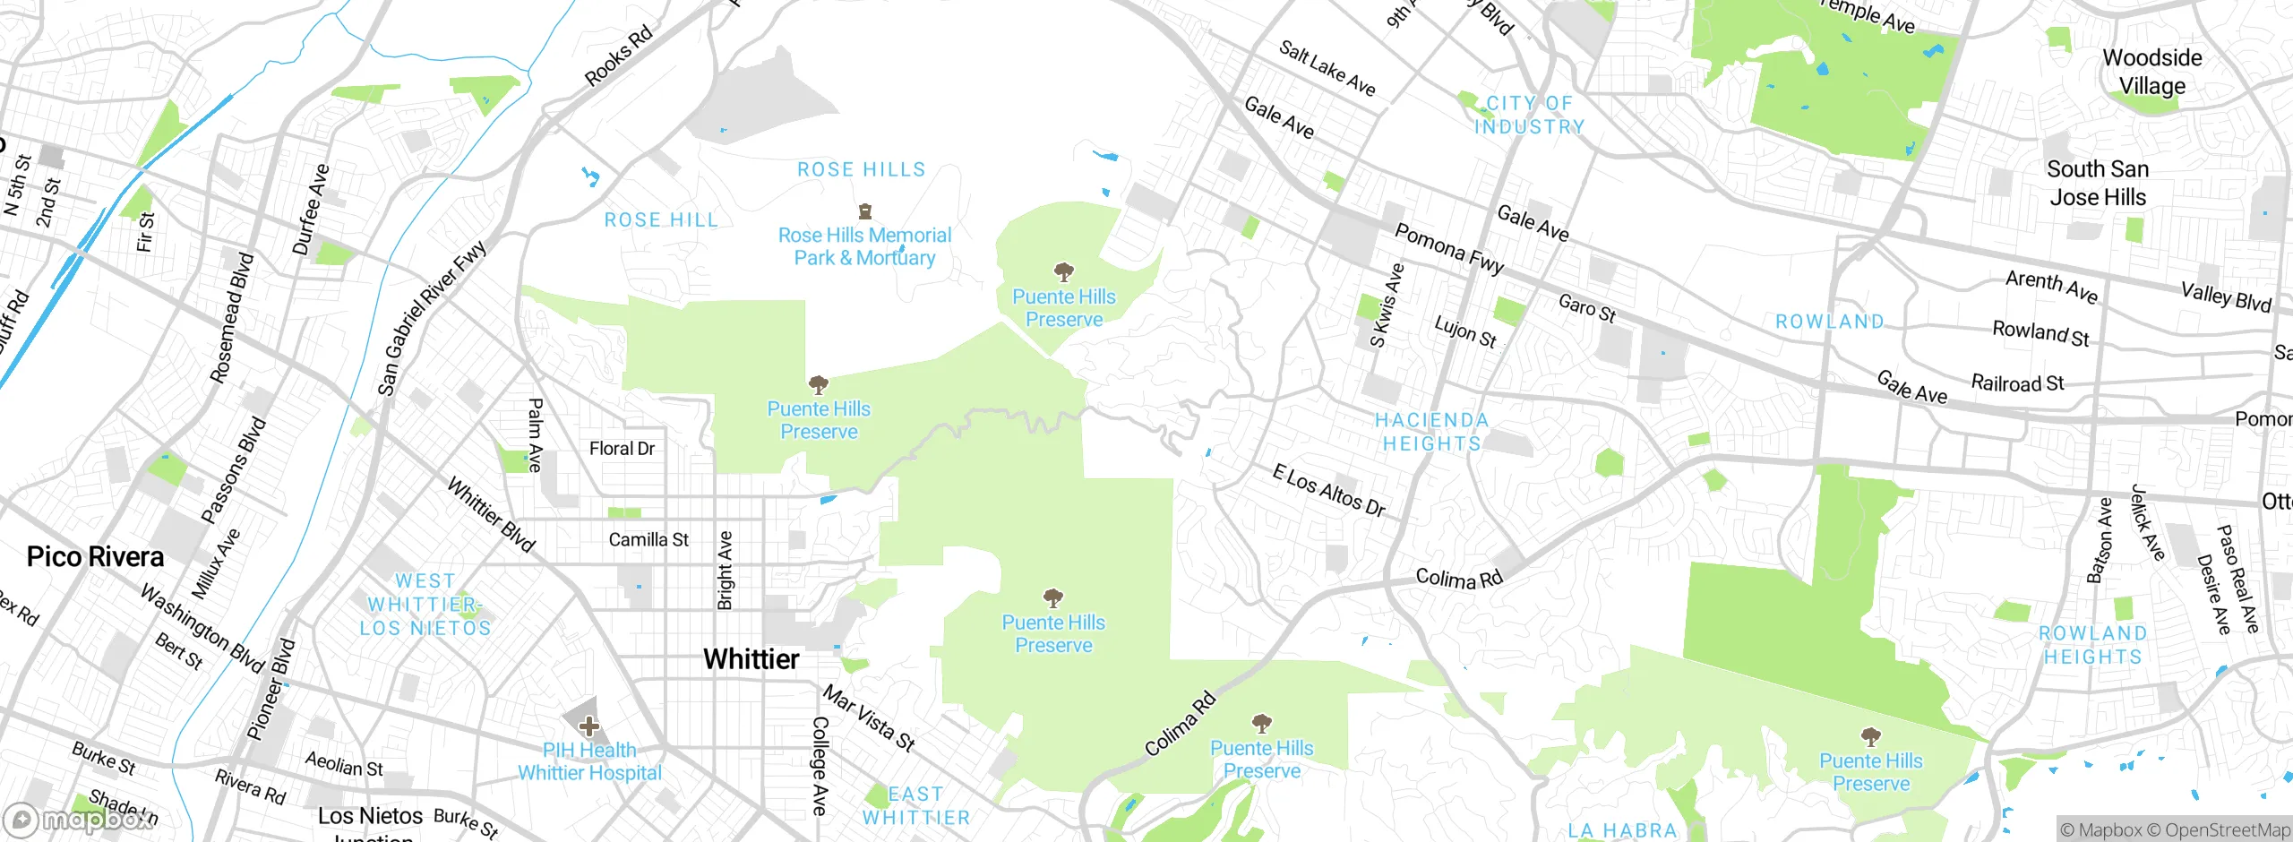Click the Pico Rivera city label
coord(95,557)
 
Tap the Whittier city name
coord(751,659)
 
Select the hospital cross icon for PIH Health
coord(588,726)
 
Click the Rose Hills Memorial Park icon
coord(864,211)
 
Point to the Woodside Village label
coord(2151,72)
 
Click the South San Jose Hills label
coord(2097,183)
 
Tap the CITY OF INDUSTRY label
coord(1529,116)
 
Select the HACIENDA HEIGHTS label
coord(1431,432)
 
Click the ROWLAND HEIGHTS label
coord(2092,645)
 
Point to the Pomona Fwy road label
coord(1449,249)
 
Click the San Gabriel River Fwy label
coord(431,318)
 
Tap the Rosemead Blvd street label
coord(232,318)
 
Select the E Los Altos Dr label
coord(1328,490)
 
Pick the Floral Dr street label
coord(622,449)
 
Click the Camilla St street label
coord(648,540)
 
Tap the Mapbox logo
coord(79,820)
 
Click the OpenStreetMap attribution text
coord(2227,830)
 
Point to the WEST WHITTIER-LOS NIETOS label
coord(425,605)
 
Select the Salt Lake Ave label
coord(1327,68)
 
